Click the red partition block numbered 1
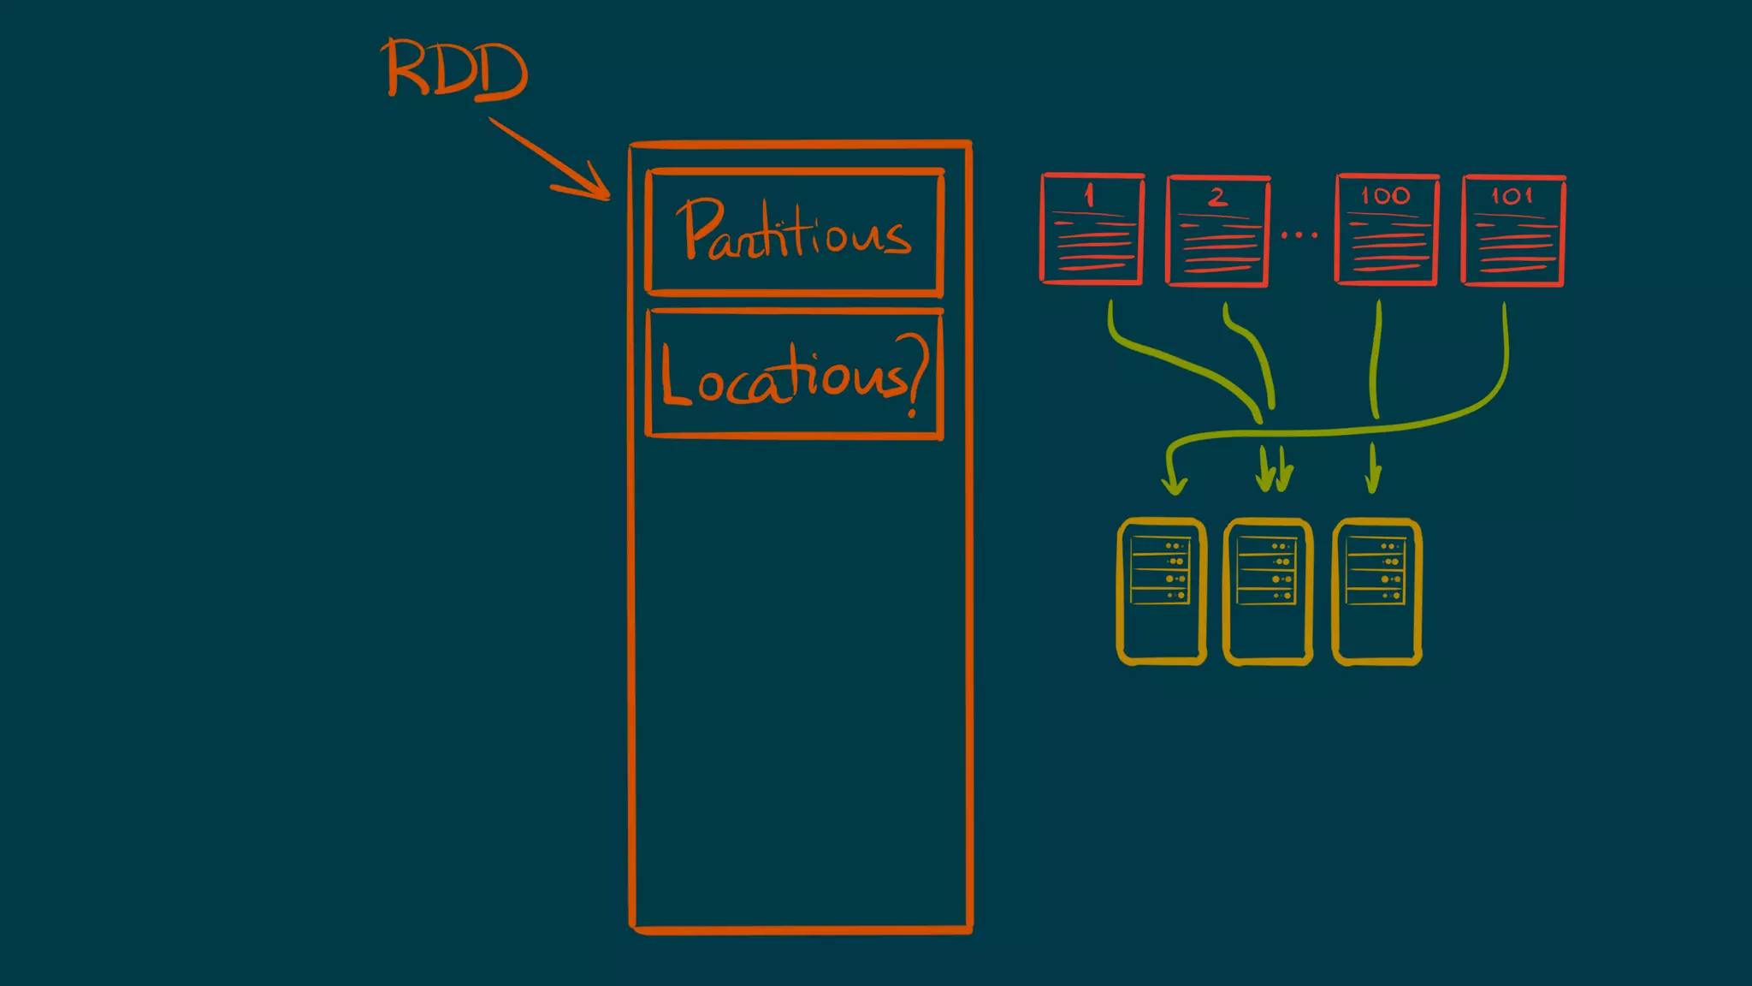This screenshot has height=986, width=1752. pos(1092,229)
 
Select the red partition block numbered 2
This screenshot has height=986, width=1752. pos(1217,231)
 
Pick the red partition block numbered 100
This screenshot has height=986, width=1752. pos(1387,230)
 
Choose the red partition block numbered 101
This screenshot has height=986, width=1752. pos(1513,230)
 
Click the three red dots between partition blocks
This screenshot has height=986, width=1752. pos(1299,234)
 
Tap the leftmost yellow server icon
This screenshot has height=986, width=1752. pos(1162,591)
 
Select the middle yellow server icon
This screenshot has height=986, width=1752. pos(1268,591)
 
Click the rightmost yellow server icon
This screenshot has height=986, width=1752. pos(1376,591)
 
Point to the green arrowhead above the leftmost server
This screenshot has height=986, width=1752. pos(1174,484)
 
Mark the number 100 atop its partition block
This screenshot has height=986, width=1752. pos(1386,196)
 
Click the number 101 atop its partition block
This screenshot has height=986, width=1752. pos(1512,196)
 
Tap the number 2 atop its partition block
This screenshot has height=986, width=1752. pos(1217,198)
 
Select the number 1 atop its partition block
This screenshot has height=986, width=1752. pos(1089,195)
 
